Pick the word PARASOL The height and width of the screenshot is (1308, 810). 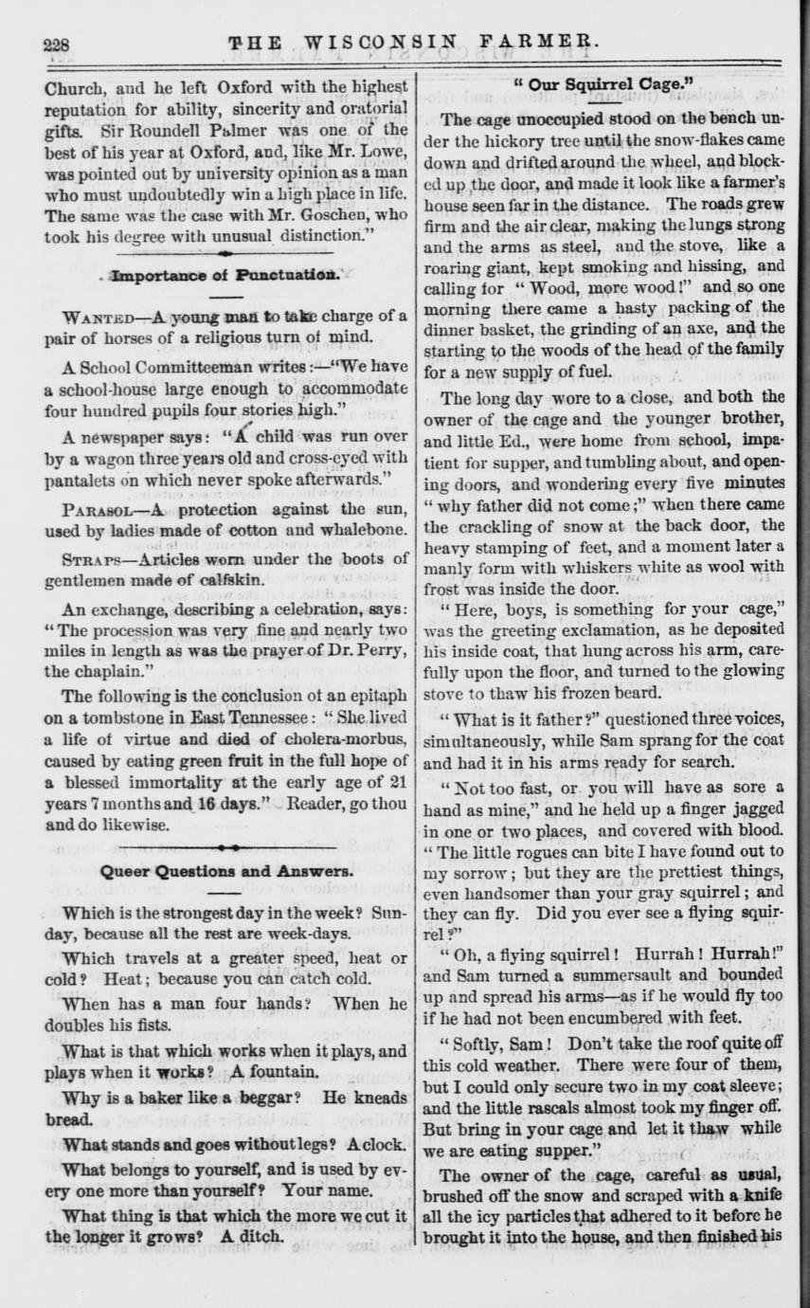pos(99,508)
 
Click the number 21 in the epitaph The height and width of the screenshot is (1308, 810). pos(399,783)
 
